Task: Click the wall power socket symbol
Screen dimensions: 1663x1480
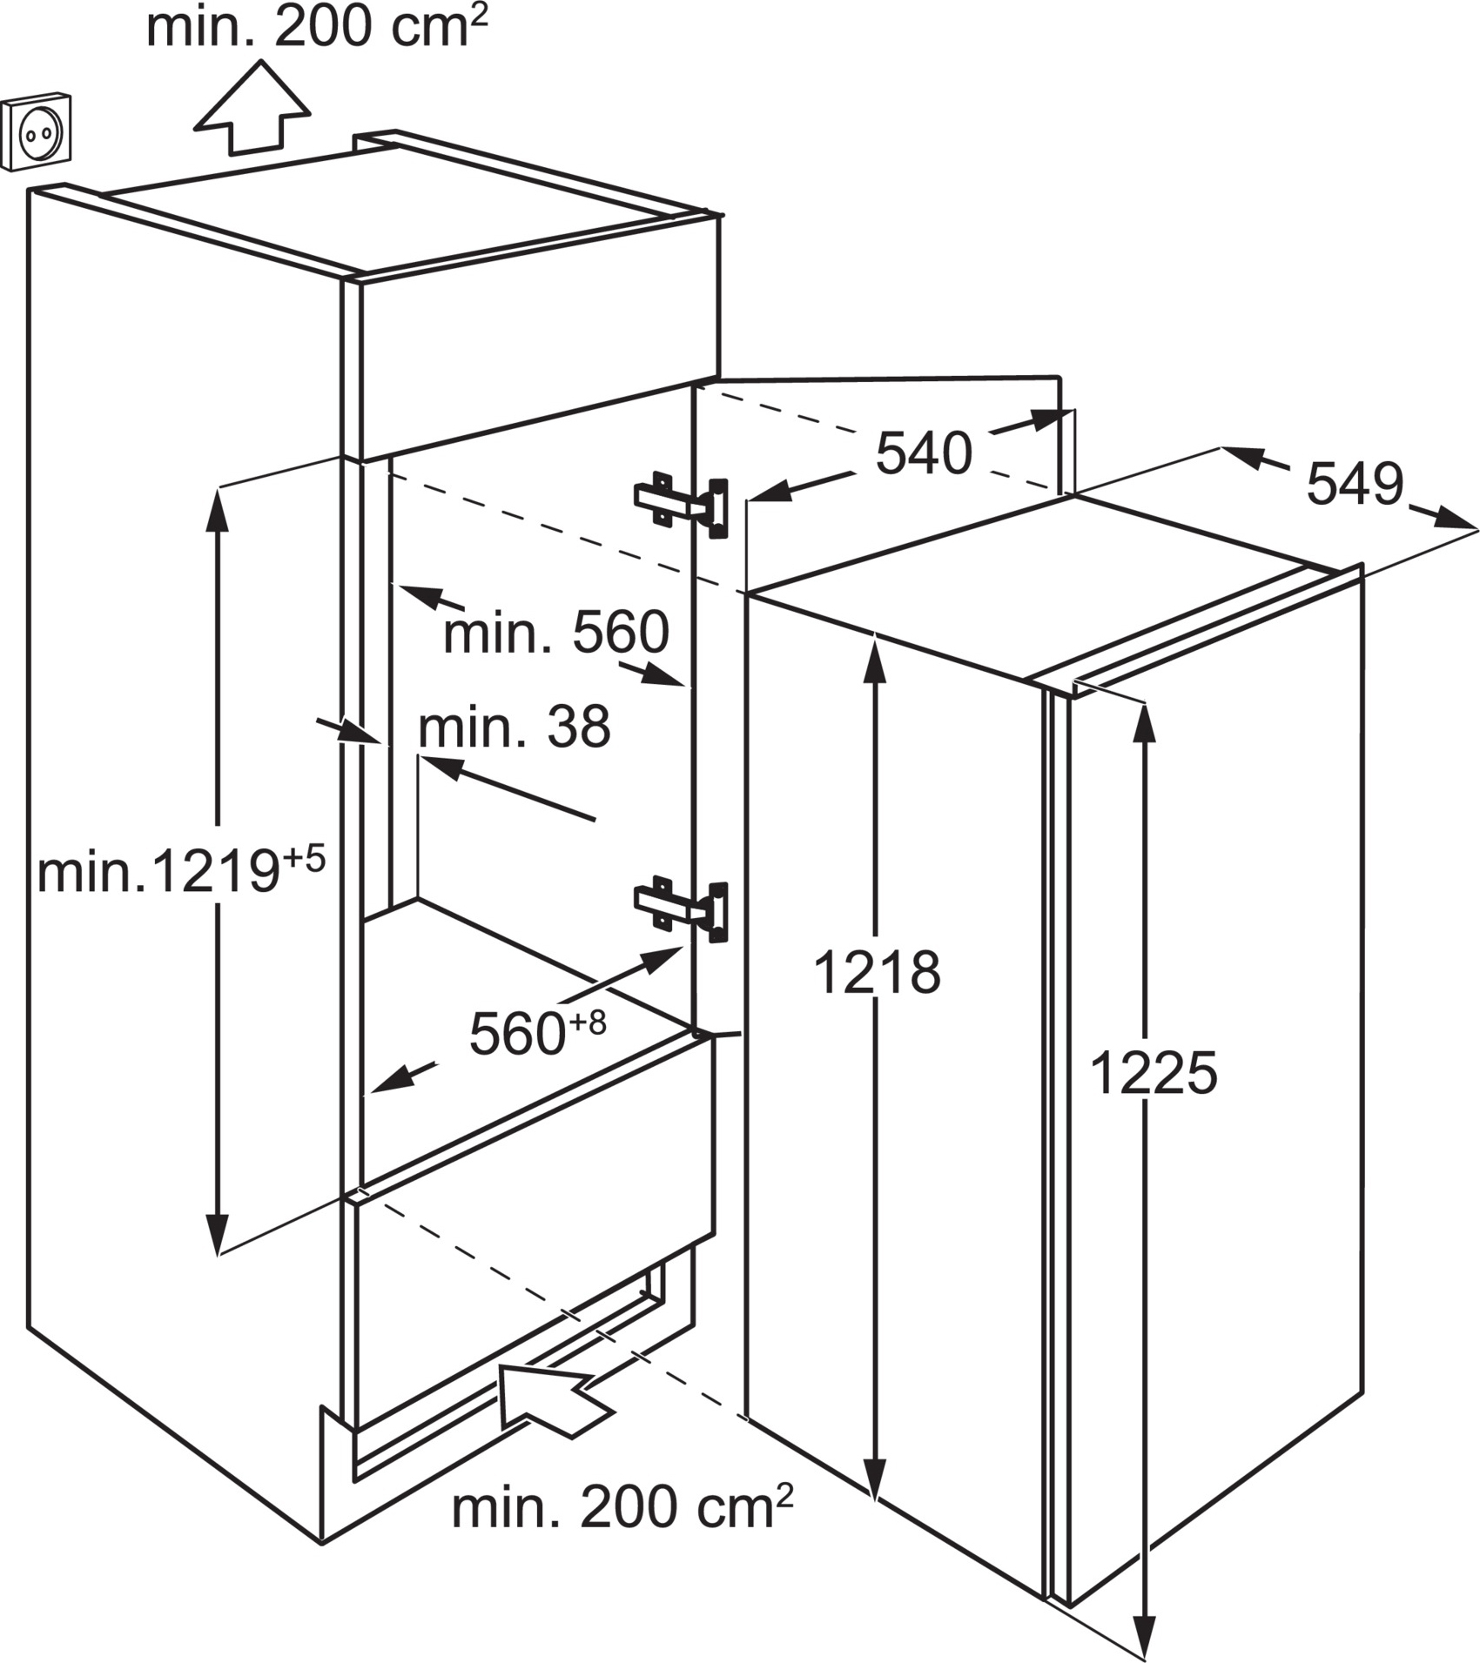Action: click(x=37, y=132)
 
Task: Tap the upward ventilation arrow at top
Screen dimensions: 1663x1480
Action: click(x=252, y=109)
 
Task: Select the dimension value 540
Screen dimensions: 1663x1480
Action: click(x=924, y=453)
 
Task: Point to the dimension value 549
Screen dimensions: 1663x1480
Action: click(x=1355, y=484)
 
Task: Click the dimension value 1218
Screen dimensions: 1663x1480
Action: click(x=877, y=972)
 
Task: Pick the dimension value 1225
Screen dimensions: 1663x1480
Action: click(x=1153, y=1073)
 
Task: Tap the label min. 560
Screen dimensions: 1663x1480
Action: click(x=556, y=633)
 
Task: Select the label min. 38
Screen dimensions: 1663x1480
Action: click(x=515, y=727)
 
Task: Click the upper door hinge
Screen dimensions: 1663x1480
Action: click(x=682, y=506)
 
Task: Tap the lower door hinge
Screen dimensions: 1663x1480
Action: click(x=682, y=909)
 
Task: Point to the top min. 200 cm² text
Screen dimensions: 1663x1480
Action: click(x=317, y=28)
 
